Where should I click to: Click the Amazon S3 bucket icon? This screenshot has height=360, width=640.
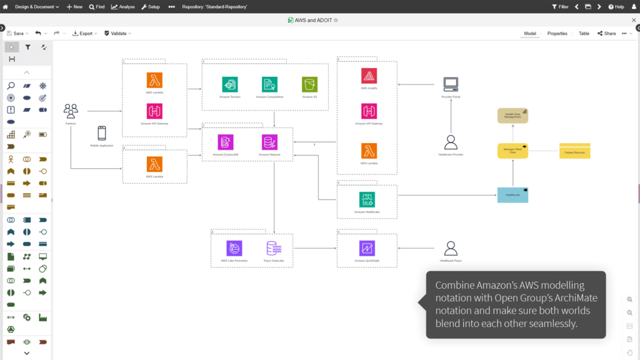tap(309, 84)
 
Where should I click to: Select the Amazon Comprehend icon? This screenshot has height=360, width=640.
tap(269, 84)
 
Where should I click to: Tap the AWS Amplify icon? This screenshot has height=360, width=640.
tap(369, 76)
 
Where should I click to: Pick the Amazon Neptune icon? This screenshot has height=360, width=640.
tap(270, 142)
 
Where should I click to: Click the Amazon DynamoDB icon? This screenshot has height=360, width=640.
tap(226, 142)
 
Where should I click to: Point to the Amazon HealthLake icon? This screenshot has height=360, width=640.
tap(367, 199)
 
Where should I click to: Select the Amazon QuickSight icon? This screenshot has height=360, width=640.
tap(367, 248)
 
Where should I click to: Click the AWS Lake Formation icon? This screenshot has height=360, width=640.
tap(234, 248)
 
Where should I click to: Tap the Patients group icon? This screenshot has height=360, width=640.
tap(71, 111)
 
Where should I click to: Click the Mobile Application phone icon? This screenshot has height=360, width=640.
tap(101, 133)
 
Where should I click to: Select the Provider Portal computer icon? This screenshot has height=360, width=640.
tap(450, 84)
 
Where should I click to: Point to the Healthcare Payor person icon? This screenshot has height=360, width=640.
tap(450, 248)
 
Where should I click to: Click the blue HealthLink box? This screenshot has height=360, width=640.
tap(512, 195)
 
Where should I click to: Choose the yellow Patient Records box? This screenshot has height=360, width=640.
tap(574, 151)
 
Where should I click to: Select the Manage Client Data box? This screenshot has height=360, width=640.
tap(512, 151)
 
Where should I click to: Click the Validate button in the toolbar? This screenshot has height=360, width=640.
tap(117, 34)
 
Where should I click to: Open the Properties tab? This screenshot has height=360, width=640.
tap(557, 34)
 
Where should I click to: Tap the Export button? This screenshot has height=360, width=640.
tap(85, 34)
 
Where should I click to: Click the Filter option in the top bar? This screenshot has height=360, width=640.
tap(560, 7)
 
